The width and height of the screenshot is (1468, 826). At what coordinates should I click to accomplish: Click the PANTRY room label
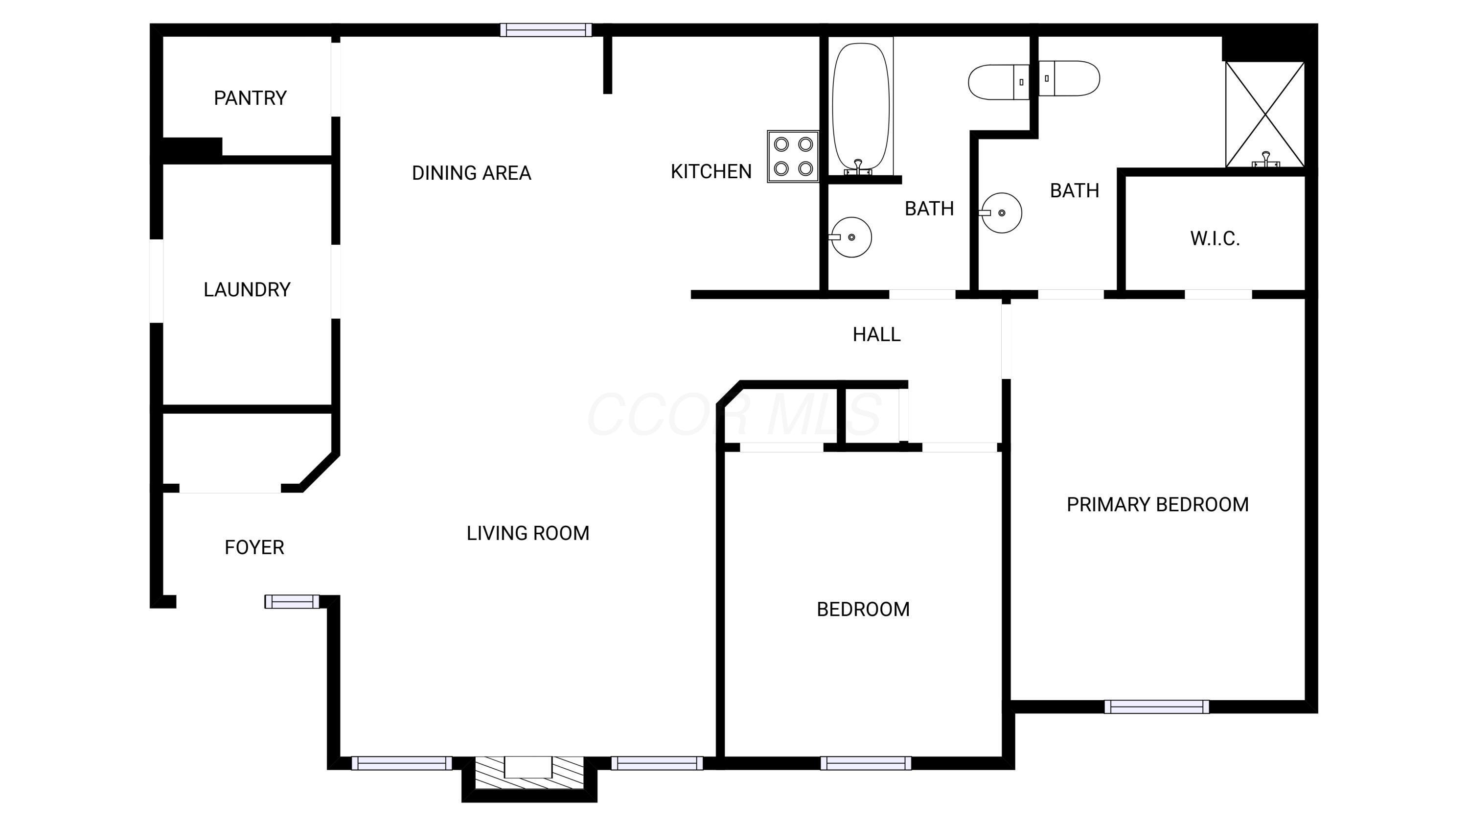(250, 98)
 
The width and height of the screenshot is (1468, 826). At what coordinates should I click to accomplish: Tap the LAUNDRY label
(247, 289)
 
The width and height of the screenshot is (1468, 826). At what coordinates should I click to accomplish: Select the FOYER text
(254, 547)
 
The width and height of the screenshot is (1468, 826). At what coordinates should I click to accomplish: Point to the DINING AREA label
(471, 173)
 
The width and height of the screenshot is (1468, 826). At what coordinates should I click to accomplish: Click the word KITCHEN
(711, 171)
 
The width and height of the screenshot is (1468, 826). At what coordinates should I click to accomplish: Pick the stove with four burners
(793, 156)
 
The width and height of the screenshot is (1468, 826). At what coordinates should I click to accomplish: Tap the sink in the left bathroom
(851, 237)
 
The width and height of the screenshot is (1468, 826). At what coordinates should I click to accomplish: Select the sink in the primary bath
(1001, 212)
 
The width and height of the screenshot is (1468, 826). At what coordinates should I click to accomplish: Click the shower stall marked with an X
(1264, 115)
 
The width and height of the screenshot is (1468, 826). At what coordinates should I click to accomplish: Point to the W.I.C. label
(1215, 238)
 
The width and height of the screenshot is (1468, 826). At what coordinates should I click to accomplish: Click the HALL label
(876, 334)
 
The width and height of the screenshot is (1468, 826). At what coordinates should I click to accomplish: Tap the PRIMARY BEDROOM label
(1157, 504)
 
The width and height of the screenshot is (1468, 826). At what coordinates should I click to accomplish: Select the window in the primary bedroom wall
(1156, 707)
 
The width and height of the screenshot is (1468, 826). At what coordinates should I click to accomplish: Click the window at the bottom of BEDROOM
(865, 763)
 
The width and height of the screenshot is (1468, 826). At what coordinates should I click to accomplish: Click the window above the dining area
(546, 30)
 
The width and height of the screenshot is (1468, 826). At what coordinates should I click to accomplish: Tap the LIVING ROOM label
(528, 533)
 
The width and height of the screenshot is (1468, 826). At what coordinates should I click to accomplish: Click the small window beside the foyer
(292, 601)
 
